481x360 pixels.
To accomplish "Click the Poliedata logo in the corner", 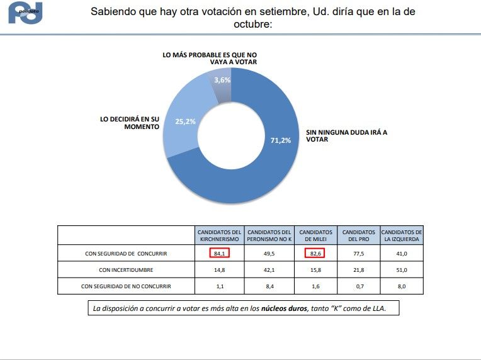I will [25, 13].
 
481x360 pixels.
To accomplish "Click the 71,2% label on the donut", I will [281, 140].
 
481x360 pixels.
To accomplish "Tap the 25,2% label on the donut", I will [186, 121].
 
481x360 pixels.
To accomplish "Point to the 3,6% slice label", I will [222, 80].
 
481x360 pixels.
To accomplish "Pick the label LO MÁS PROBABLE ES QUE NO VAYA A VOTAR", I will [209, 59].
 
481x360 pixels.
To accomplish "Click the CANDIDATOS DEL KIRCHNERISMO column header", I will [219, 236].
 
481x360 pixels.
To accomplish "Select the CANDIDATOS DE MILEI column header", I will [314, 236].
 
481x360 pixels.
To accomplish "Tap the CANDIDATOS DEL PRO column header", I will [359, 236].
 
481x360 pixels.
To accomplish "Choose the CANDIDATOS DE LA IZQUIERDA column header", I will [402, 236].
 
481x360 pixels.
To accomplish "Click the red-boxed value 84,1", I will [219, 253].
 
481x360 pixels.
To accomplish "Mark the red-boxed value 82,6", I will [314, 253].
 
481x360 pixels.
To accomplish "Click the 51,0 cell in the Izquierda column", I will [402, 269].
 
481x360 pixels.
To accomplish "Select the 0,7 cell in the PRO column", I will [359, 286].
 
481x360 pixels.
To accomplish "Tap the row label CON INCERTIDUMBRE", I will [127, 269].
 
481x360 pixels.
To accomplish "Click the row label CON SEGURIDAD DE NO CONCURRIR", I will [127, 286].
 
